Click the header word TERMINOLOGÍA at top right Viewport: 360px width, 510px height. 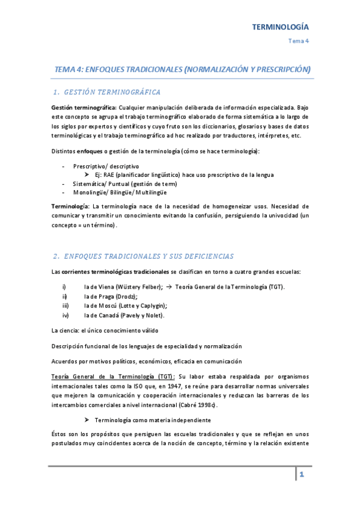click(279, 27)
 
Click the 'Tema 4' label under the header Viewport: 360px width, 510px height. click(299, 41)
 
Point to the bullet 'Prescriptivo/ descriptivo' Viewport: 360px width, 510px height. click(106, 165)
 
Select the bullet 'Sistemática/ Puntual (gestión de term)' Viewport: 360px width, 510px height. click(124, 183)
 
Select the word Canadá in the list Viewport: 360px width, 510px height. click(108, 315)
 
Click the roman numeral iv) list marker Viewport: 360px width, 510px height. click(66, 315)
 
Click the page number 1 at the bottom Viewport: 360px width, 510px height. click(302, 475)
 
